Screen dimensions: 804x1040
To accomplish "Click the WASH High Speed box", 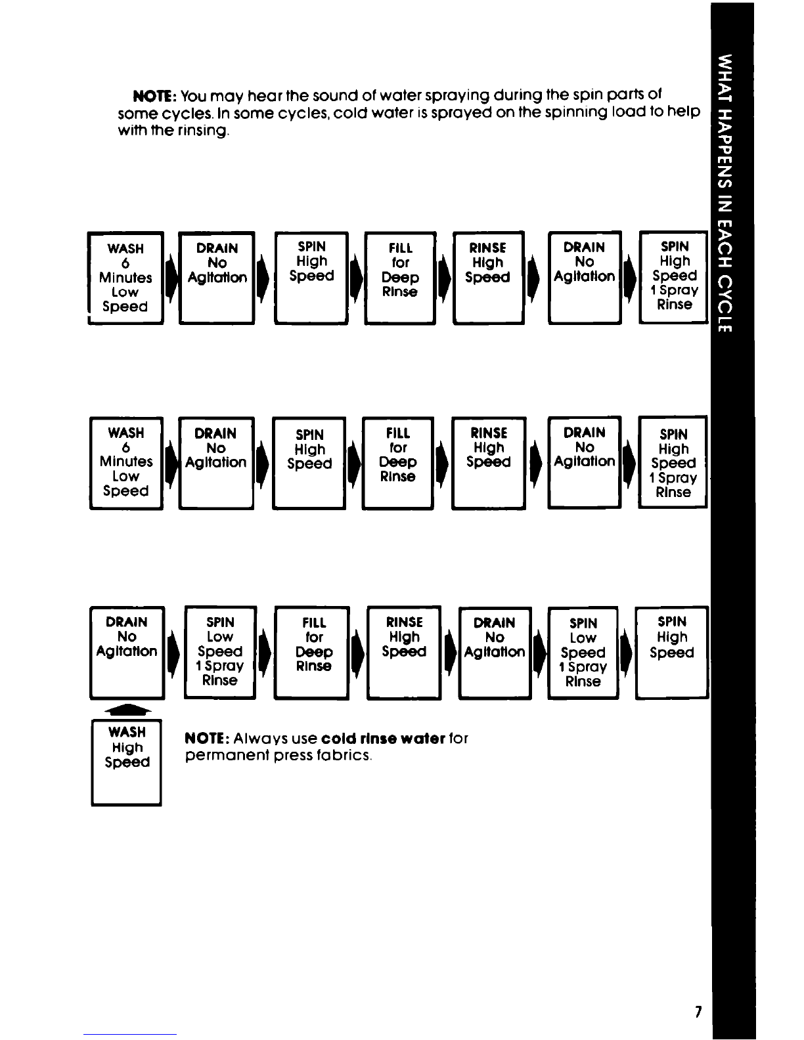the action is [126, 762].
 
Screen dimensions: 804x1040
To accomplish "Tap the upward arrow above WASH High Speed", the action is [127, 710].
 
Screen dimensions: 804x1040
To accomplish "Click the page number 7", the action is [698, 1011].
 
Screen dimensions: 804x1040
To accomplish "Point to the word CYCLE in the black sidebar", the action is [725, 303].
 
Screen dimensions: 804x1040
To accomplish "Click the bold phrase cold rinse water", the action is [383, 739].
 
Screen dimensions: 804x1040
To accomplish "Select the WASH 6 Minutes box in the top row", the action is [125, 278].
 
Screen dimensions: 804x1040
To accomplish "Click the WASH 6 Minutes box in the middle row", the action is [126, 463].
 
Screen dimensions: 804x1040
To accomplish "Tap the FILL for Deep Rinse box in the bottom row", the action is [312, 653].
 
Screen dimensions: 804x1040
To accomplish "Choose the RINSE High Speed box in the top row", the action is [489, 278].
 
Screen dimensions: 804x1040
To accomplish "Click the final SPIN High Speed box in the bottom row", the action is [672, 653].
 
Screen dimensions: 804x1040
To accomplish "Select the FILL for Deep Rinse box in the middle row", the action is [398, 463].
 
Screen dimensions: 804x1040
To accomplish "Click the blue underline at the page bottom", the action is [130, 1034].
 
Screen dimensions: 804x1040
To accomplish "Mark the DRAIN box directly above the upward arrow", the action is [127, 653].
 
